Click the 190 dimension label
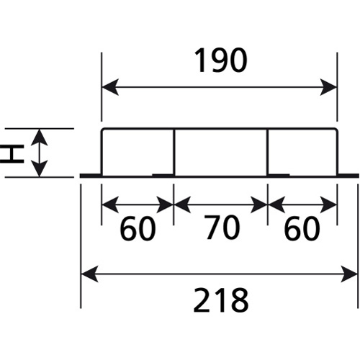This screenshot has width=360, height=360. [x=220, y=60]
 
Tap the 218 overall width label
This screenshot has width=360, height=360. [x=221, y=300]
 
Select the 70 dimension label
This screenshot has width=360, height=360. [x=223, y=228]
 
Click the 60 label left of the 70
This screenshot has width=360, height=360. [x=138, y=228]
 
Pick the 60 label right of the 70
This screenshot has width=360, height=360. [x=302, y=228]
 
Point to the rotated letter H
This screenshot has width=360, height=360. [x=12, y=154]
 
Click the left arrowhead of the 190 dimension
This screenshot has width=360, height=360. [x=110, y=86]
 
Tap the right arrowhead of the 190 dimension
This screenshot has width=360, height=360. [x=328, y=86]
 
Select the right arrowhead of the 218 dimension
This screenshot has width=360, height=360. [x=349, y=274]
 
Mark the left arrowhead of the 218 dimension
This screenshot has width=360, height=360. [x=90, y=274]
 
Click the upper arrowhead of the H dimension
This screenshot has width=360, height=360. [x=40, y=138]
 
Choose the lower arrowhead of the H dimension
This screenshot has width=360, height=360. [x=40, y=168]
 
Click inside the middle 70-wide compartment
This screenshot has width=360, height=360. [x=220, y=153]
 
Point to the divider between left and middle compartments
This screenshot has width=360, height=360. [x=174, y=153]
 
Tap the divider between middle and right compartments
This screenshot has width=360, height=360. [x=267, y=153]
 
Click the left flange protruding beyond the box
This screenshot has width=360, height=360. [x=91, y=176]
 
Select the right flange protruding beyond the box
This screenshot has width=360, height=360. [x=348, y=176]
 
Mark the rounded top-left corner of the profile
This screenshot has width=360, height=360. [x=102, y=130]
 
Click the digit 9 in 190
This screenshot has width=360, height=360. [x=220, y=60]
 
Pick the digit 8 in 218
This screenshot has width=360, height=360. [x=240, y=300]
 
